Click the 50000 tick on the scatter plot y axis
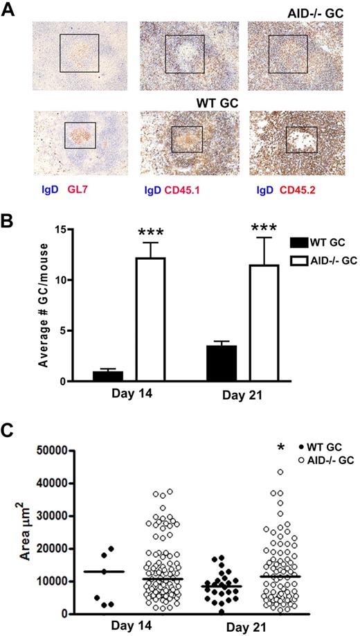61,450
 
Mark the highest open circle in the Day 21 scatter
280,472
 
